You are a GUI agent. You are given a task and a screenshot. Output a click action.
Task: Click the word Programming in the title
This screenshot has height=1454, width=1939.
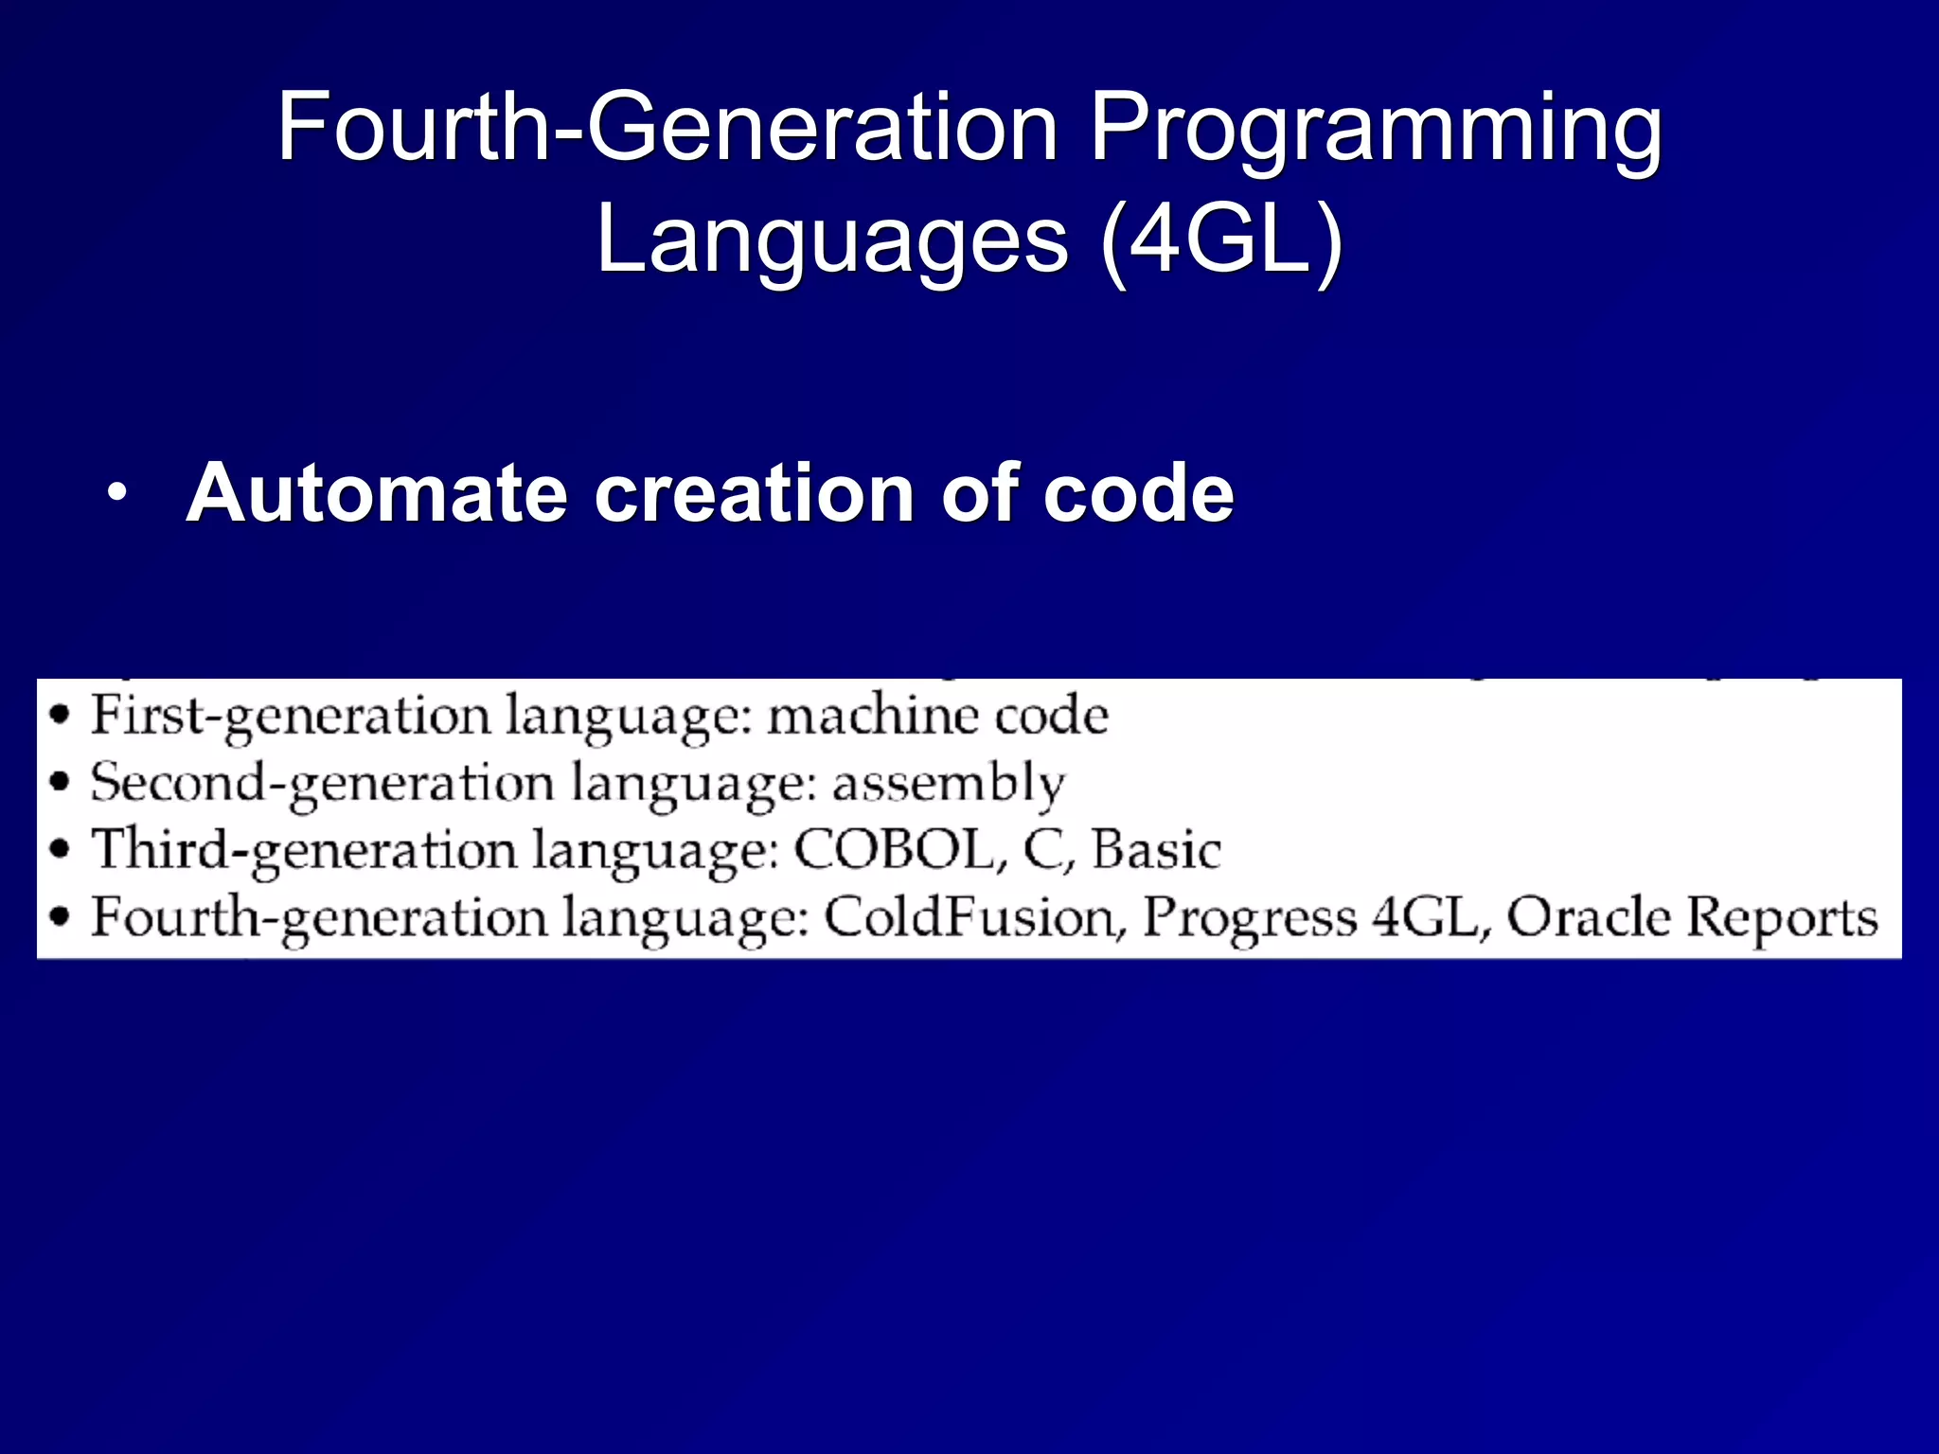coord(1375,130)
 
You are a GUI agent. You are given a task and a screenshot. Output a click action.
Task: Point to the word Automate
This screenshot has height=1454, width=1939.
coord(377,493)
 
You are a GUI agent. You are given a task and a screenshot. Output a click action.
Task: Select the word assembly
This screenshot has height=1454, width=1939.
coord(949,784)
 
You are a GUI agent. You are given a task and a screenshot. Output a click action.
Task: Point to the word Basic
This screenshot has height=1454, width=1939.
coord(1156,849)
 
